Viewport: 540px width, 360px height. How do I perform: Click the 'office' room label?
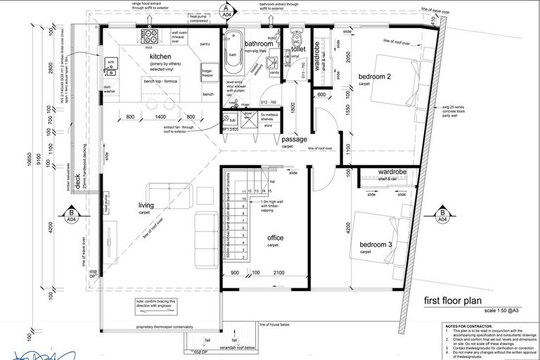point(275,238)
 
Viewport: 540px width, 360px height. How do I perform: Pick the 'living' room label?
point(146,205)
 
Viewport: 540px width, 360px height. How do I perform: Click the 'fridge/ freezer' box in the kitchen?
point(208,72)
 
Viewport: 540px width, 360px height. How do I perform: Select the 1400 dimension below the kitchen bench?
point(160,117)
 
